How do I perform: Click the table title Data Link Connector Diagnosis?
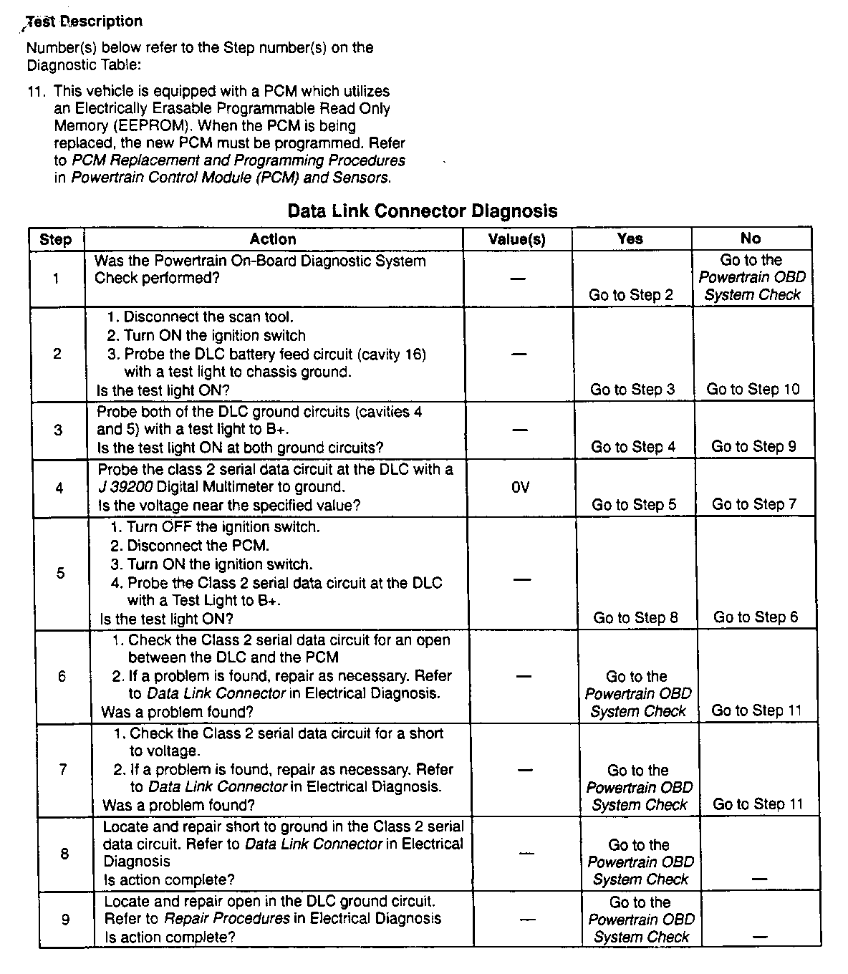pyautogui.click(x=422, y=211)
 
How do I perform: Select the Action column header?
pyautogui.click(x=273, y=239)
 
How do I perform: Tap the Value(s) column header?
pyautogui.click(x=516, y=239)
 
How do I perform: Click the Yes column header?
pyautogui.click(x=630, y=238)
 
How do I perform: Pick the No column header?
pyautogui.click(x=751, y=238)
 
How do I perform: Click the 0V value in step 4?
pyautogui.click(x=520, y=488)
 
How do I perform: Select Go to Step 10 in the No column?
pyautogui.click(x=753, y=390)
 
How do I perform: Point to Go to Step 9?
pyautogui.click(x=753, y=447)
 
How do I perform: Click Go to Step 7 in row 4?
pyautogui.click(x=754, y=504)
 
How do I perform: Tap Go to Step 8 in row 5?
pyautogui.click(x=635, y=618)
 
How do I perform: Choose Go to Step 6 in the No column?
pyautogui.click(x=756, y=617)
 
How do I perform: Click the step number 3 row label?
pyautogui.click(x=58, y=430)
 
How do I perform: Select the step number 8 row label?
pyautogui.click(x=64, y=854)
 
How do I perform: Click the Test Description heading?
pyautogui.click(x=85, y=21)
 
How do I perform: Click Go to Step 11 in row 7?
pyautogui.click(x=758, y=804)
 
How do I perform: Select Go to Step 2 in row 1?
pyautogui.click(x=631, y=295)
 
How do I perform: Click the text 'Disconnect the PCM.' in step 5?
pyautogui.click(x=198, y=546)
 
